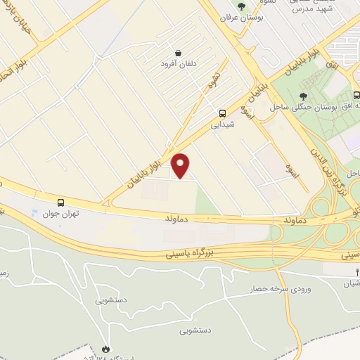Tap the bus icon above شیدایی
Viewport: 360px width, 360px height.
223,112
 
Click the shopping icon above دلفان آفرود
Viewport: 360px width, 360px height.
177,53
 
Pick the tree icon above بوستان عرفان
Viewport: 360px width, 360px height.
241,6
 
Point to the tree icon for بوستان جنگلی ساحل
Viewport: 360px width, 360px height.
303,96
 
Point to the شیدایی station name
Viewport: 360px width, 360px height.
222,124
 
